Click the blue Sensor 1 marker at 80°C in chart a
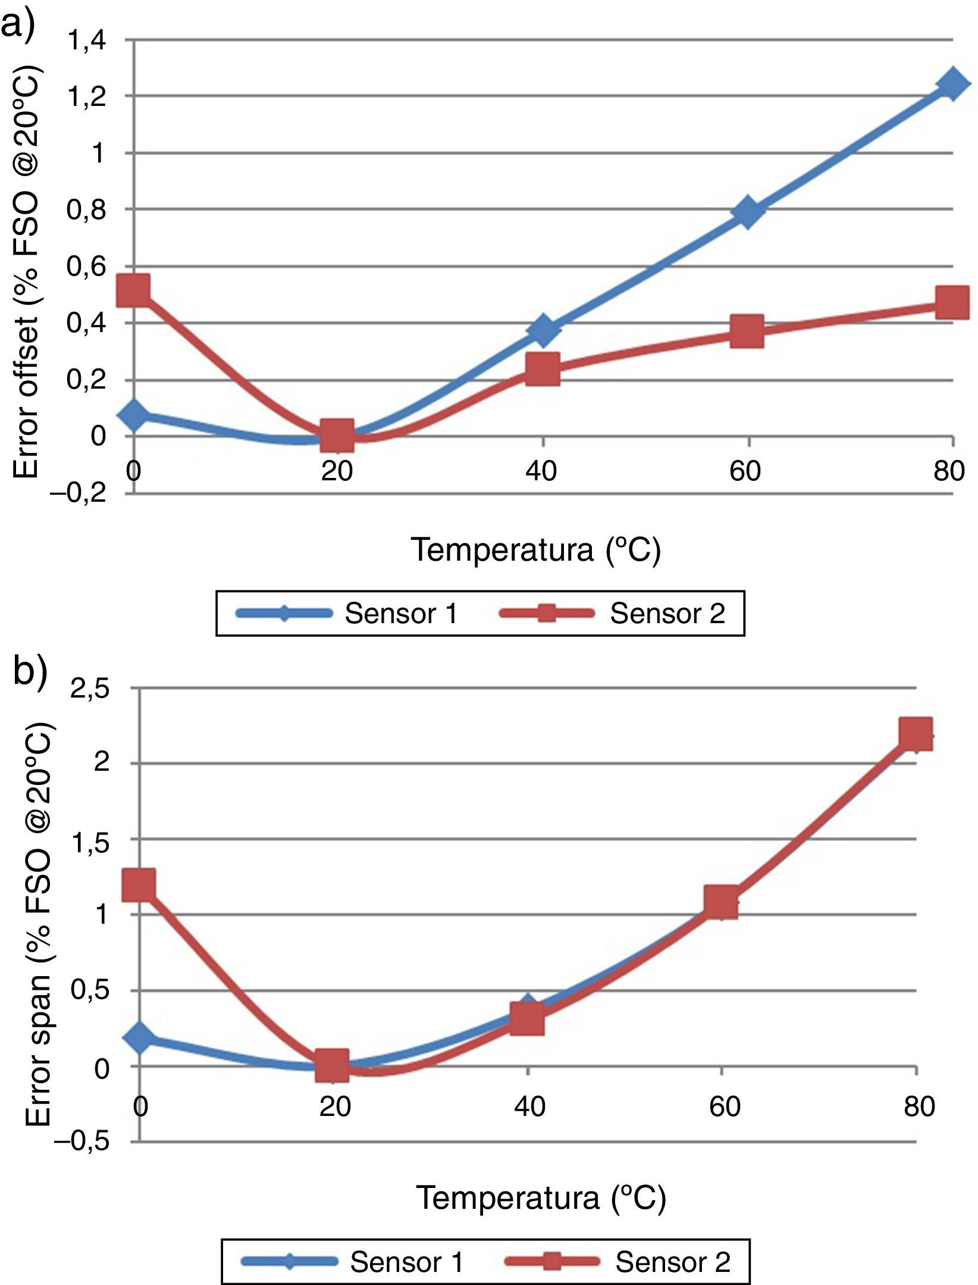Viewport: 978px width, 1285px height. click(x=952, y=85)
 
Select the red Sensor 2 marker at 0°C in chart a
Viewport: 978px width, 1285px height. click(x=133, y=290)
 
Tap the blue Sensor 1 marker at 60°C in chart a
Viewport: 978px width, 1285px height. click(x=748, y=212)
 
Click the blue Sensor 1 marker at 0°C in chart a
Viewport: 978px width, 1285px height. click(x=134, y=415)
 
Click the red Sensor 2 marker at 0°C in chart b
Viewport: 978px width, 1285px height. click(x=140, y=884)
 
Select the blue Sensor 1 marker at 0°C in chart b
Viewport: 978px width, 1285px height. click(x=140, y=1037)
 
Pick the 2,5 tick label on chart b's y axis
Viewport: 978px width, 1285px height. click(x=90, y=689)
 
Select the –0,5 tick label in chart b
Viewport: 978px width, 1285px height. click(x=81, y=1141)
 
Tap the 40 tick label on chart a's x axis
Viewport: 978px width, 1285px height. click(x=541, y=471)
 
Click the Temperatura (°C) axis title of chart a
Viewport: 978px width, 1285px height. click(x=535, y=549)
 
